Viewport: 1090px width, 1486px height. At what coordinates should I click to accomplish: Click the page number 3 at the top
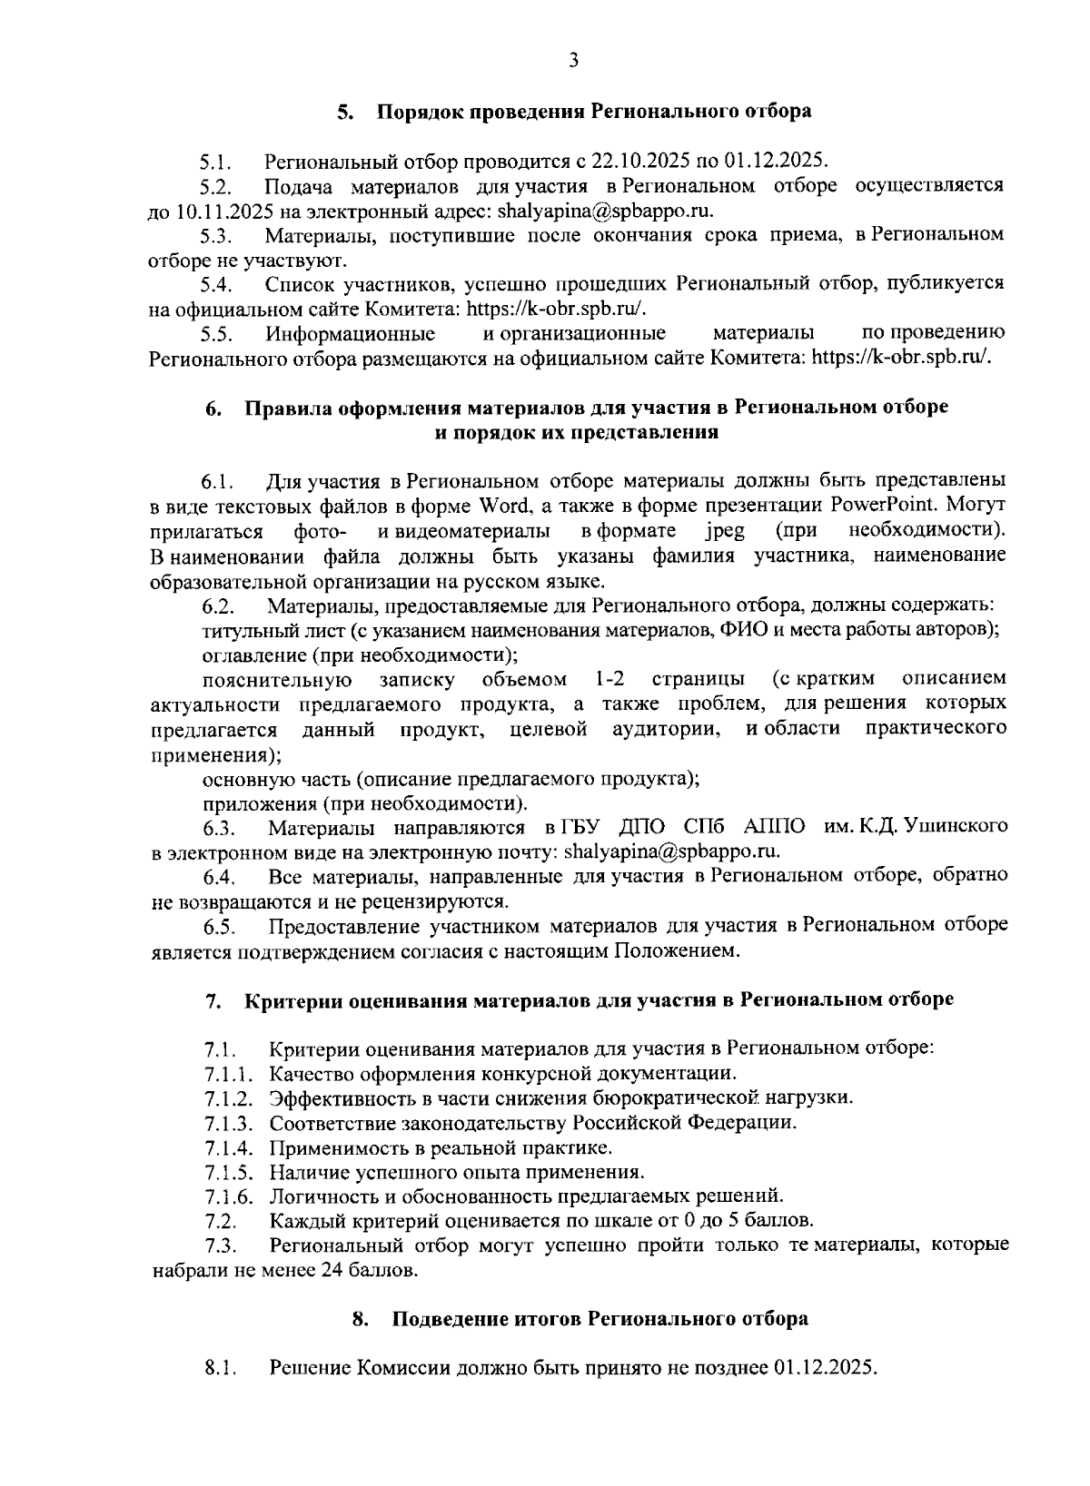pos(572,61)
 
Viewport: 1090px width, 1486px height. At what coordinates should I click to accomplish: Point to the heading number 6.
pos(211,408)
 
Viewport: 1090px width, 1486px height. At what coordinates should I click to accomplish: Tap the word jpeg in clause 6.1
pos(725,529)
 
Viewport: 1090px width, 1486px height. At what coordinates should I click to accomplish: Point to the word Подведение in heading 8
pos(450,1319)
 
